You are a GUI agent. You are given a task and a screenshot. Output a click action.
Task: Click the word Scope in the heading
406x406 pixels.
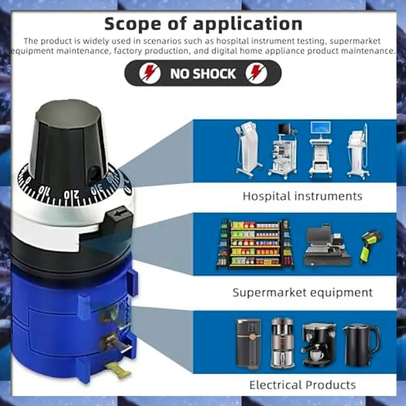tap(133, 24)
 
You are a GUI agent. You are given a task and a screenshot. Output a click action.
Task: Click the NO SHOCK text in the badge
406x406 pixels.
tap(203, 74)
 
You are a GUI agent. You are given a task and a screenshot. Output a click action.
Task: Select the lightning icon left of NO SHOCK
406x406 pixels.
tap(150, 73)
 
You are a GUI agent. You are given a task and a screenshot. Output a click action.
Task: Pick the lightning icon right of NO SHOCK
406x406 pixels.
tap(256, 73)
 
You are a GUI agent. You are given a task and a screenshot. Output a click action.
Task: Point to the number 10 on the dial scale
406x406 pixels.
tap(45, 191)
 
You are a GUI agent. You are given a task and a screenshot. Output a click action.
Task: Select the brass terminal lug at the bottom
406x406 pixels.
tap(120, 370)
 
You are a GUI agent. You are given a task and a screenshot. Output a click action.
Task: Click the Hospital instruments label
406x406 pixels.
tap(302, 196)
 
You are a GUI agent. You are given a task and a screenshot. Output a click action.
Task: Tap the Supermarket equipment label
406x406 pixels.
tap(302, 293)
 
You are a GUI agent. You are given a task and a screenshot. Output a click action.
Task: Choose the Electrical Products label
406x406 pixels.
tap(302, 385)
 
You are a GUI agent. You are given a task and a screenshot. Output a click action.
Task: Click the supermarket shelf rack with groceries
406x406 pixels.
tap(255, 244)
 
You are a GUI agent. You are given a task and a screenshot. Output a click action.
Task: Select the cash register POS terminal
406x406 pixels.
tap(327, 245)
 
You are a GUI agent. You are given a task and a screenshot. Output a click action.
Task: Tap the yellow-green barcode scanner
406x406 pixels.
tap(371, 246)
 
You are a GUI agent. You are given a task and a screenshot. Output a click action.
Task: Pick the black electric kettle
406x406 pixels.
tap(361, 345)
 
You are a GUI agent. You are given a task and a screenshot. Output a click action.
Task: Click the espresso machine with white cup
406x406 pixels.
tap(319, 345)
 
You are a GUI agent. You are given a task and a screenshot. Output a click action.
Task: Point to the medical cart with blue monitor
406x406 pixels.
tap(321, 149)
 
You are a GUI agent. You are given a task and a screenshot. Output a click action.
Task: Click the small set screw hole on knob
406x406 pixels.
tap(93, 172)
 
